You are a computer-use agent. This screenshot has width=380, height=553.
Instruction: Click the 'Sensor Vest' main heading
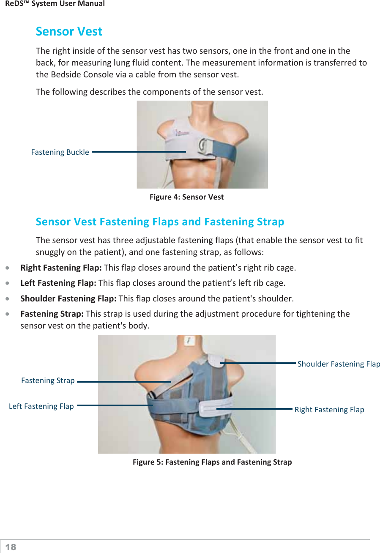69,31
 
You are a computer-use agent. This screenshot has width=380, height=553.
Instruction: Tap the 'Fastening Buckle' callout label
60,152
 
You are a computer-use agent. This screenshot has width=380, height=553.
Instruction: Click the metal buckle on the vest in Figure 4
202,146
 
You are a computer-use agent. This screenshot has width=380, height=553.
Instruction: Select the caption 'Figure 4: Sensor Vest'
186,197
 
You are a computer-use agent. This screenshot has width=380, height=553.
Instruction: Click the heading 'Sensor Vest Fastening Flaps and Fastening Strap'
160,222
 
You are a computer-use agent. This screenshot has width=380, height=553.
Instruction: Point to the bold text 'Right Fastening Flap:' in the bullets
61,268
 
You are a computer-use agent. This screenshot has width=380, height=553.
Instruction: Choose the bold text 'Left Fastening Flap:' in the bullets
58,283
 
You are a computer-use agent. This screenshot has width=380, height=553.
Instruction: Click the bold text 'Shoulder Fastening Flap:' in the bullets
68,298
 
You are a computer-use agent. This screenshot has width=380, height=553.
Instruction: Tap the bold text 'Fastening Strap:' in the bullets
52,314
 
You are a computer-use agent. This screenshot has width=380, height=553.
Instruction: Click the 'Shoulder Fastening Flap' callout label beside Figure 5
339,364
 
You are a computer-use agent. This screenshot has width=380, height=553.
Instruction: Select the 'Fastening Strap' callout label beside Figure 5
48,381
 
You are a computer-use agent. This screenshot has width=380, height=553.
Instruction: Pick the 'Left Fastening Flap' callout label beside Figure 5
41,406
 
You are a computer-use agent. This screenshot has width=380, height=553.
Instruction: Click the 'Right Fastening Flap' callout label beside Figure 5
329,410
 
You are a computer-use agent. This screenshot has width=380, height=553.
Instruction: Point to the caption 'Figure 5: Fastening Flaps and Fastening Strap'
212,462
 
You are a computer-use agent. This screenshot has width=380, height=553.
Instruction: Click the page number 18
11,547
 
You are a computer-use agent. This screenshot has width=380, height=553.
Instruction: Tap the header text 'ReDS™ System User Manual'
55,4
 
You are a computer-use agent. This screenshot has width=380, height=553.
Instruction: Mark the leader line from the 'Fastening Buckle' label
139,151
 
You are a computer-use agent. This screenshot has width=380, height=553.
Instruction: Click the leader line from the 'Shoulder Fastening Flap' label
258,363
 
